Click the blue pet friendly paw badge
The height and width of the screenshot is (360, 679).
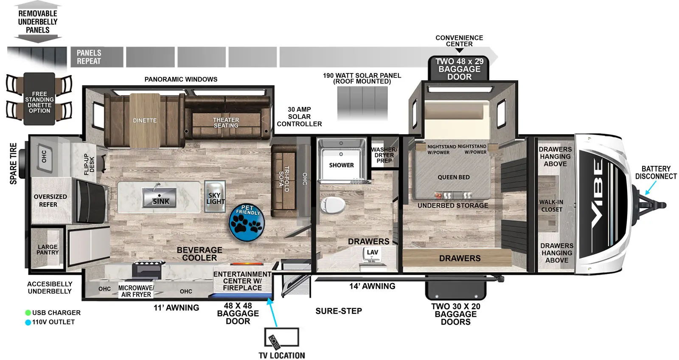click(x=247, y=222)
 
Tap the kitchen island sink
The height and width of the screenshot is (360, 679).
click(x=160, y=197)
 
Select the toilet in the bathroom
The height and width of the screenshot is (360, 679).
click(x=333, y=205)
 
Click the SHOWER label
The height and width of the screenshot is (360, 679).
click(x=341, y=165)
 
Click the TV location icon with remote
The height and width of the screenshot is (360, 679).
click(x=281, y=338)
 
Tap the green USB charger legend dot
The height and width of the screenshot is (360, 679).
click(x=28, y=313)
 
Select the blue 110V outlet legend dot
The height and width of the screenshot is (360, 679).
click(x=28, y=322)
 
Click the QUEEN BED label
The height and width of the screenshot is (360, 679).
click(x=453, y=177)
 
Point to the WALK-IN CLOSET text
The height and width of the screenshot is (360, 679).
click(x=551, y=206)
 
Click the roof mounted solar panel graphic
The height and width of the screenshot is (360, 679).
click(x=362, y=103)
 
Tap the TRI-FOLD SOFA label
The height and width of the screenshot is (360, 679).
click(x=284, y=178)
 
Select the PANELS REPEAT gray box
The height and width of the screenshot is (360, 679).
click(x=97, y=57)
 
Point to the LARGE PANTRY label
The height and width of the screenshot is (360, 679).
click(x=48, y=250)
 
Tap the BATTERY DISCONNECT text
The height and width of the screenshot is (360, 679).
click(x=656, y=172)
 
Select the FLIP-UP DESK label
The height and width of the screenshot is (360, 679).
click(x=89, y=164)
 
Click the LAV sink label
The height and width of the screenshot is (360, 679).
click(x=372, y=252)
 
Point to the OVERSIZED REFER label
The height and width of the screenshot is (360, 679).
click(x=50, y=200)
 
